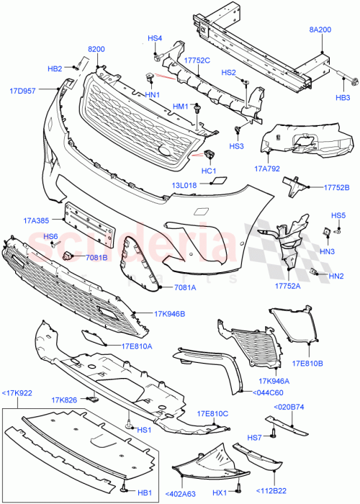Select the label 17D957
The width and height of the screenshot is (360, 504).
(x=23, y=91)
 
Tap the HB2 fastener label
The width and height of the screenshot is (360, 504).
(x=55, y=69)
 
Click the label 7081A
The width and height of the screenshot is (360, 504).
(x=184, y=287)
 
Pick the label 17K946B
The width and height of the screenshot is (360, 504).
(x=169, y=314)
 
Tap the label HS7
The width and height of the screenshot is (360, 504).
(x=255, y=437)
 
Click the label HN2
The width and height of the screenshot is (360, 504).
(x=336, y=276)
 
